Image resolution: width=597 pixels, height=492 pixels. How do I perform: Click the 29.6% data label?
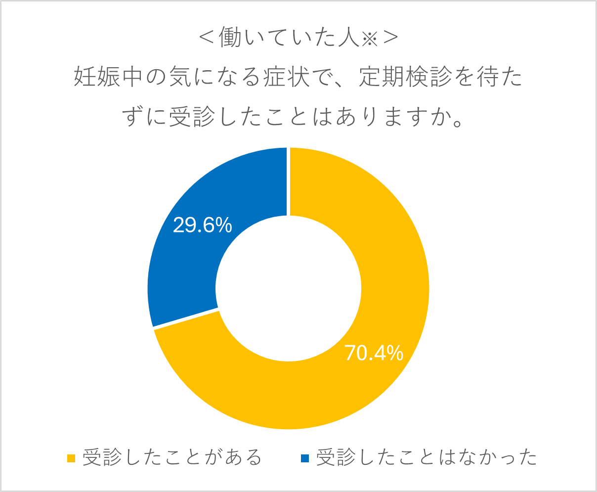pos(203,225)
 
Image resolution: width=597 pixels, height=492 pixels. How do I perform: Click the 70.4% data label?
pos(374,353)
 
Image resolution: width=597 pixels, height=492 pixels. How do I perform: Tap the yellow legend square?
pos(71,458)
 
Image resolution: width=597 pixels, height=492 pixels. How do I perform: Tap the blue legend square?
pos(304,458)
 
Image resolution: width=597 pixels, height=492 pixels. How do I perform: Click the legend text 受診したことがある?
pos(172,458)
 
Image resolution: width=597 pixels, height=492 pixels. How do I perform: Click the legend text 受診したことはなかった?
pos(426,458)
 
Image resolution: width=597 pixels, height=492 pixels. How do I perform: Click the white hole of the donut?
pos(289,288)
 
